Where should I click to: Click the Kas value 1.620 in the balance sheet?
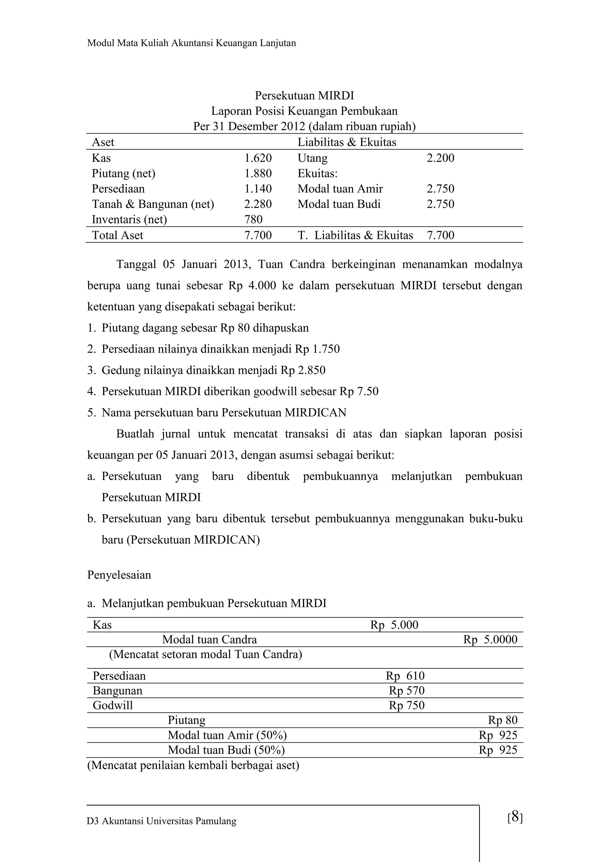pyautogui.click(x=258, y=158)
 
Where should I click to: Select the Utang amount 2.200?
pyautogui.click(x=440, y=158)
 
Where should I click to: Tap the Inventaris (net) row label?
pyautogui.click(x=129, y=219)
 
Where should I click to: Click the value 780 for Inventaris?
pyautogui.click(x=253, y=219)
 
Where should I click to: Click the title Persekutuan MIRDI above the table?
pyautogui.click(x=304, y=96)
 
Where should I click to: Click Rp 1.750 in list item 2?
pyautogui.click(x=317, y=349)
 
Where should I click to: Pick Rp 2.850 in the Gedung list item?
pyautogui.click(x=303, y=370)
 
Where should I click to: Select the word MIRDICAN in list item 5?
pyautogui.click(x=315, y=413)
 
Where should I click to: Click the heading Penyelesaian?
pyautogui.click(x=119, y=575)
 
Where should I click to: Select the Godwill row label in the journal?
pyautogui.click(x=113, y=705)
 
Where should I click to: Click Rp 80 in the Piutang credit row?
pyautogui.click(x=502, y=720)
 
